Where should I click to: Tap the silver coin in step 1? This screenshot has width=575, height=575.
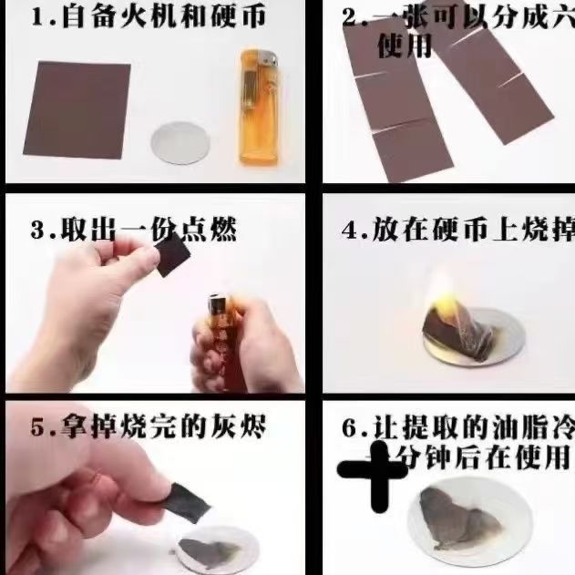pyautogui.click(x=179, y=143)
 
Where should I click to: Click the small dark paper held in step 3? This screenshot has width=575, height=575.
pyautogui.click(x=172, y=257)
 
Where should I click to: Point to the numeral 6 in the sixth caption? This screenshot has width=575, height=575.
pyautogui.click(x=350, y=428)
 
